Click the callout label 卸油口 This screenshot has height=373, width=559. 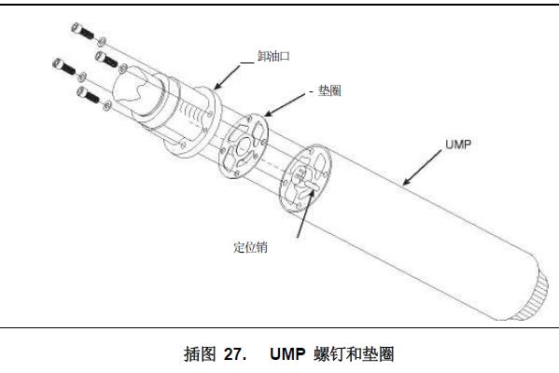point(273,56)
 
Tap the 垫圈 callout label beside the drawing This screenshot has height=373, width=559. point(329,90)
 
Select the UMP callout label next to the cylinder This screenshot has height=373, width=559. point(458,145)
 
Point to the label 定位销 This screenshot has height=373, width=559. point(250,247)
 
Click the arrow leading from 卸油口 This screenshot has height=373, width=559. point(227,77)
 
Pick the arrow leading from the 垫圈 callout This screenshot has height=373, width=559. point(285,104)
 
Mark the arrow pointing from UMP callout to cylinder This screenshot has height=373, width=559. point(422,167)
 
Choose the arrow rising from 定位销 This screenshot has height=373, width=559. point(305,214)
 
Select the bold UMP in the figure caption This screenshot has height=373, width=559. point(287,354)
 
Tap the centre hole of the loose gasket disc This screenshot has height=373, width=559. point(244,146)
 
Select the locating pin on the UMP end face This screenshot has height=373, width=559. point(309,185)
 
